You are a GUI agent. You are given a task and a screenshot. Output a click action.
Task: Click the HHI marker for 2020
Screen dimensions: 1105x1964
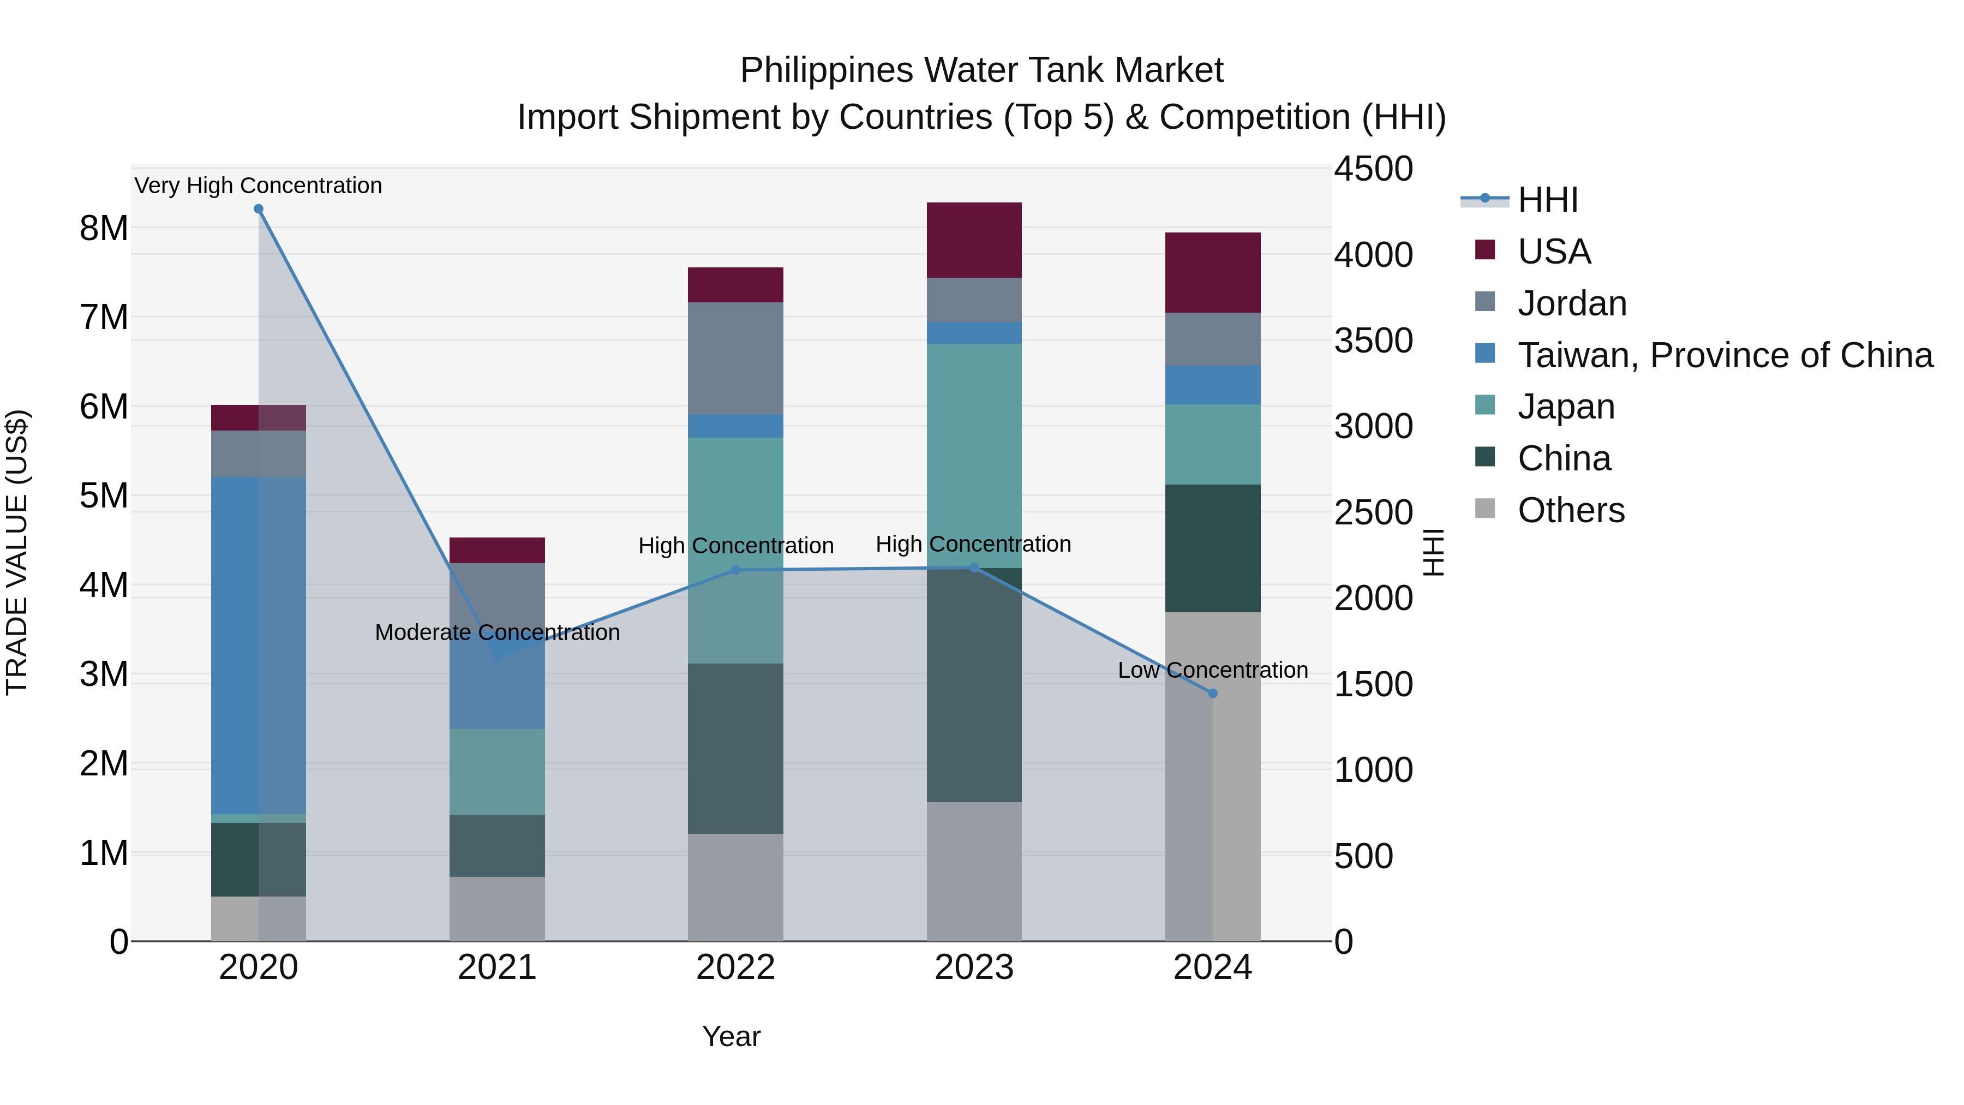point(259,209)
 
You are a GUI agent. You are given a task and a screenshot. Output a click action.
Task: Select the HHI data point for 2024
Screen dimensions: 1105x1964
point(1213,693)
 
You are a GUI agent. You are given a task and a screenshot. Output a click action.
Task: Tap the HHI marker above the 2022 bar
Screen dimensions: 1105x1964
point(736,570)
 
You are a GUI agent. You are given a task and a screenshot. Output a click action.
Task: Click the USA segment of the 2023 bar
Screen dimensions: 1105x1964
point(974,240)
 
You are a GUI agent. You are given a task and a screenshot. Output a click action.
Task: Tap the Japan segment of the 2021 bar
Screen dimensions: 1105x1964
point(497,771)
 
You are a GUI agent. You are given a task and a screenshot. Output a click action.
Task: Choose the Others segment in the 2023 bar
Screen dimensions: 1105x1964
point(974,871)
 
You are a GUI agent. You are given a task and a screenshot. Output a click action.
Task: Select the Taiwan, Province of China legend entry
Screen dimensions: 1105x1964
point(1725,355)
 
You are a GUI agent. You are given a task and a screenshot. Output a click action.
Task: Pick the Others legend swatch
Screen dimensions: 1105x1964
point(1485,509)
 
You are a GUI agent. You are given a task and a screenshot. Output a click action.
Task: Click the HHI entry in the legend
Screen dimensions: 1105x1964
point(1547,200)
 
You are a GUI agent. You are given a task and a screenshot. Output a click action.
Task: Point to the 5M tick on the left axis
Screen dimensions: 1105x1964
point(104,495)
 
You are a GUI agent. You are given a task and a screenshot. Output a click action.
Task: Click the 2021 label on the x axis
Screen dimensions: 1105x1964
point(497,967)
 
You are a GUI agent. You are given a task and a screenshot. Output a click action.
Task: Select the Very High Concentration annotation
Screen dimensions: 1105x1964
point(259,186)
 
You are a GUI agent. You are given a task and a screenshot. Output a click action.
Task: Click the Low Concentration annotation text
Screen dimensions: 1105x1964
point(1213,670)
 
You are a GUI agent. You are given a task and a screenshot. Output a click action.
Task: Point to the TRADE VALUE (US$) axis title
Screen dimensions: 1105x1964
point(17,552)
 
